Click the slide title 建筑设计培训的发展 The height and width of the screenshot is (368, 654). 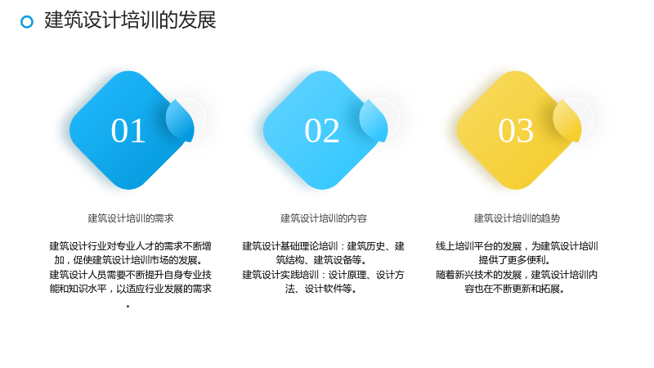point(130,20)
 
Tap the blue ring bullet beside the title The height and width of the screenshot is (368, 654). point(27,22)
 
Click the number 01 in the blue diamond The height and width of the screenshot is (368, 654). point(128,131)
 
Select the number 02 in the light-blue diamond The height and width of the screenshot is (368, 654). point(321,131)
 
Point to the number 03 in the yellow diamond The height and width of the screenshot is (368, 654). point(516,131)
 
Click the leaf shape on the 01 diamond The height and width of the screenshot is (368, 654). point(180,120)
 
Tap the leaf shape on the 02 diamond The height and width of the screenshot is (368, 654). point(374,120)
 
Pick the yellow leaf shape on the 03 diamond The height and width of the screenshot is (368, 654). point(567,120)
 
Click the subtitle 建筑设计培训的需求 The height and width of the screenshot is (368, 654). point(131,218)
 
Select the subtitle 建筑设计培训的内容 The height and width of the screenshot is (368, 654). point(324,218)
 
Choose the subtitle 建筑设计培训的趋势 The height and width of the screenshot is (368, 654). point(517,218)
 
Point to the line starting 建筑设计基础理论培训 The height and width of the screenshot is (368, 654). point(323,246)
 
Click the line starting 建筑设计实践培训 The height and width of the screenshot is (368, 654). point(323,275)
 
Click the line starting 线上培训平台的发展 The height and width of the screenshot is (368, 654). point(517,246)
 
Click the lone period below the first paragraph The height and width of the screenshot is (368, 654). point(128,307)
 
